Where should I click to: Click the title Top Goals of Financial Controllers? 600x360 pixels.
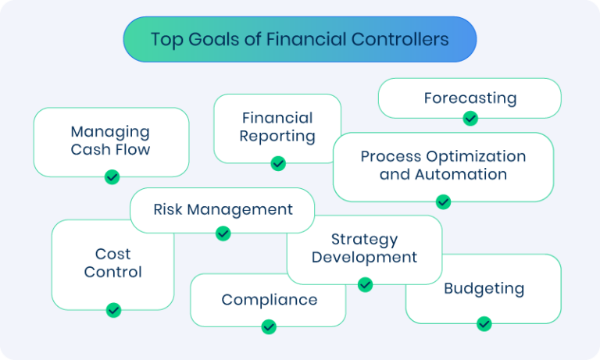click(x=299, y=39)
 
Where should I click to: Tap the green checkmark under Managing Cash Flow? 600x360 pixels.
click(x=112, y=177)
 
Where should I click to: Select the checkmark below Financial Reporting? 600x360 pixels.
click(x=278, y=163)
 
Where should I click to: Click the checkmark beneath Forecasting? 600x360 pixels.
click(x=470, y=119)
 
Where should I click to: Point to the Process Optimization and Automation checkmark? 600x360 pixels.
click(x=443, y=201)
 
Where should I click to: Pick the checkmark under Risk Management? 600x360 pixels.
click(x=223, y=233)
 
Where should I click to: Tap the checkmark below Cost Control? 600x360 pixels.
click(x=113, y=310)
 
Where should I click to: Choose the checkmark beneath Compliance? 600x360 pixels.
click(x=269, y=326)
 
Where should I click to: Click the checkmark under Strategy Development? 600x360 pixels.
click(x=365, y=284)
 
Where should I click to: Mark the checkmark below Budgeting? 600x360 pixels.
click(x=484, y=323)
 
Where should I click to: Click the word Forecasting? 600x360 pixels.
click(x=470, y=98)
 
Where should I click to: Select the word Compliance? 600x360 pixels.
click(x=269, y=300)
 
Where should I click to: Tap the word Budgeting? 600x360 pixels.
click(x=484, y=288)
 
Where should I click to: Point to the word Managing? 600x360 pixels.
click(x=110, y=132)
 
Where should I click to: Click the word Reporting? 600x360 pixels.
click(x=277, y=137)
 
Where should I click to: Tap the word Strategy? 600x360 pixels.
click(x=364, y=240)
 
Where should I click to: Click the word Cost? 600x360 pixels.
click(x=113, y=254)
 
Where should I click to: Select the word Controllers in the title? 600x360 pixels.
click(x=401, y=39)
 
